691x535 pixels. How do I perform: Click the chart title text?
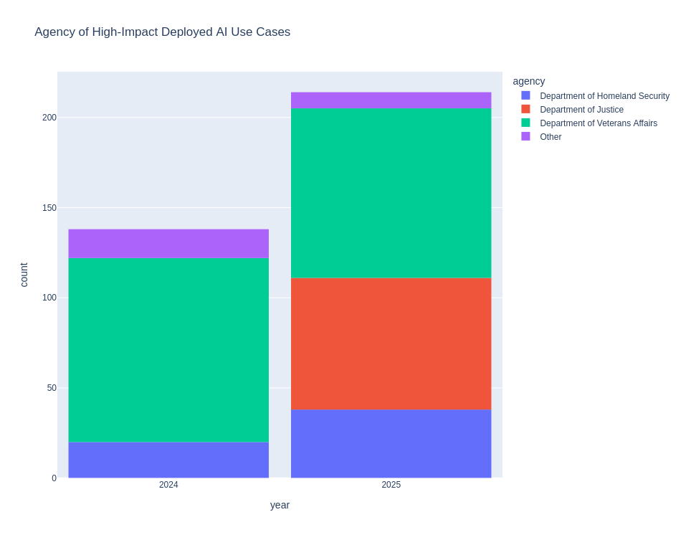tap(162, 32)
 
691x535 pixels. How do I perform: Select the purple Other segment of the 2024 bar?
tap(168, 243)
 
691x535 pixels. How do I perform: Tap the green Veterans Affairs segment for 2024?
tap(168, 350)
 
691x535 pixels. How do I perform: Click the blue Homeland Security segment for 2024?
tap(168, 460)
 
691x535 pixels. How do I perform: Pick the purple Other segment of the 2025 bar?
tap(391, 100)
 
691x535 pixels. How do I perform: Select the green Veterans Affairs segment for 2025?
tap(391, 193)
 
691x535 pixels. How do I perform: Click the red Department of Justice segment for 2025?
tap(391, 344)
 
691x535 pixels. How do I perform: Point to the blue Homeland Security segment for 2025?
tap(391, 444)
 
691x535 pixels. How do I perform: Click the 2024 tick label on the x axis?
tap(168, 485)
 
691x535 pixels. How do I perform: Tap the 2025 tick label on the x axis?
tap(391, 485)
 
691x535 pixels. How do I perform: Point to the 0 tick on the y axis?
tap(54, 478)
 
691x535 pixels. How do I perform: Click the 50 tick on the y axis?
tap(52, 388)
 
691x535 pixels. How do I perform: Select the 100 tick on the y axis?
tap(49, 298)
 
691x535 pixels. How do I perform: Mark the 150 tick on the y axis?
tap(49, 208)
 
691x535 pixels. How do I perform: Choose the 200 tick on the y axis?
tap(49, 118)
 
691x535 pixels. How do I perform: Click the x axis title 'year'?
tap(280, 505)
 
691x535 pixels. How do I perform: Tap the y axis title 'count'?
tap(24, 275)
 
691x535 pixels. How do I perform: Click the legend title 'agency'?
tap(528, 81)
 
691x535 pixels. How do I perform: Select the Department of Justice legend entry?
tap(581, 110)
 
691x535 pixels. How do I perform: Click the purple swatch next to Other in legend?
tap(525, 136)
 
